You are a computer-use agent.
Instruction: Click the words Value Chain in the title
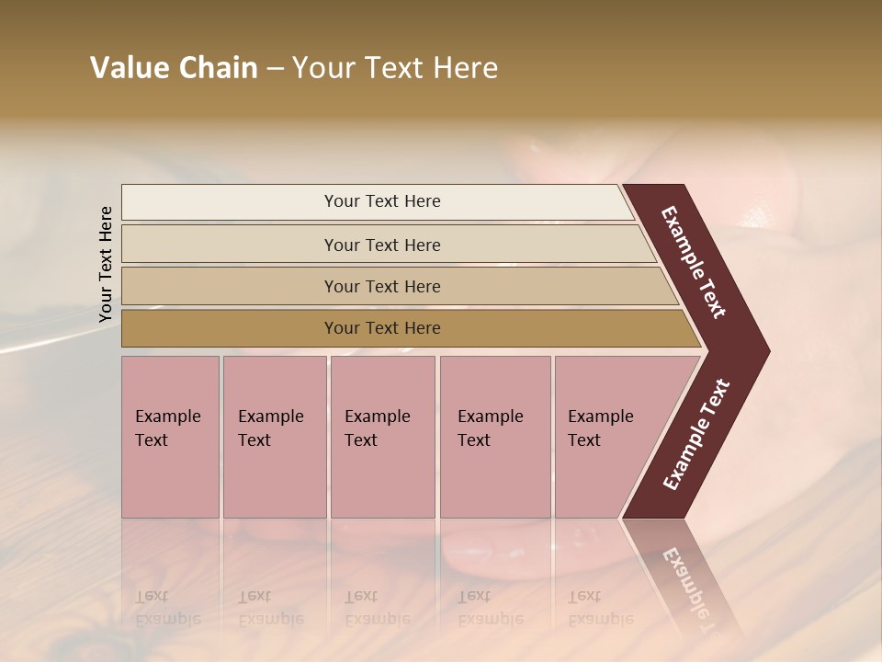point(174,68)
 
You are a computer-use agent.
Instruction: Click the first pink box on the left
point(170,478)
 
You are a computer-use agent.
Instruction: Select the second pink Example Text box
point(274,478)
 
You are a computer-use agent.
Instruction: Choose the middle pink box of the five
point(382,478)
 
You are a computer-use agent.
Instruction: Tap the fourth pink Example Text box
point(494,478)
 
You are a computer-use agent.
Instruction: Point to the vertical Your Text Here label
point(106,264)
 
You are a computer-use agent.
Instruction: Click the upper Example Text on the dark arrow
point(694,262)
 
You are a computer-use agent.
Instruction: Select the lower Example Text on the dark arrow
point(695,435)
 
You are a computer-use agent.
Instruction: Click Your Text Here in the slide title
point(395,68)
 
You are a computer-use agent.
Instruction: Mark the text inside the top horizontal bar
point(382,201)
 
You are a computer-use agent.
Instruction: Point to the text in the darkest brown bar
point(382,328)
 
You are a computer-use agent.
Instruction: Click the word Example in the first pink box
point(167,417)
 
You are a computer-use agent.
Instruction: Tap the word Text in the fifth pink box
point(584,440)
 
